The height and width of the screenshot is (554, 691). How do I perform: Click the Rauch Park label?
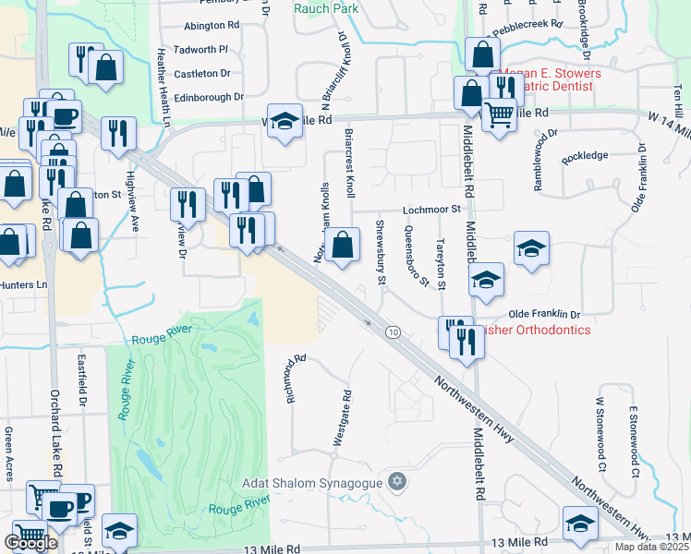(x=326, y=8)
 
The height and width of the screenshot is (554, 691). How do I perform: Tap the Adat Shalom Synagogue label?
(x=313, y=483)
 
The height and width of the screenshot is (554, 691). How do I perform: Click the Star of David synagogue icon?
(x=398, y=482)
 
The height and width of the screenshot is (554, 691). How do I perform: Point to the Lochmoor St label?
(x=431, y=211)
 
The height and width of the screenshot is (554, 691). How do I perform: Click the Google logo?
(x=30, y=543)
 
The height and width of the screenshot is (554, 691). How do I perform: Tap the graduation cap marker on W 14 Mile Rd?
(x=285, y=122)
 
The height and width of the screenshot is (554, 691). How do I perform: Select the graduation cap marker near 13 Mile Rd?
(x=580, y=523)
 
